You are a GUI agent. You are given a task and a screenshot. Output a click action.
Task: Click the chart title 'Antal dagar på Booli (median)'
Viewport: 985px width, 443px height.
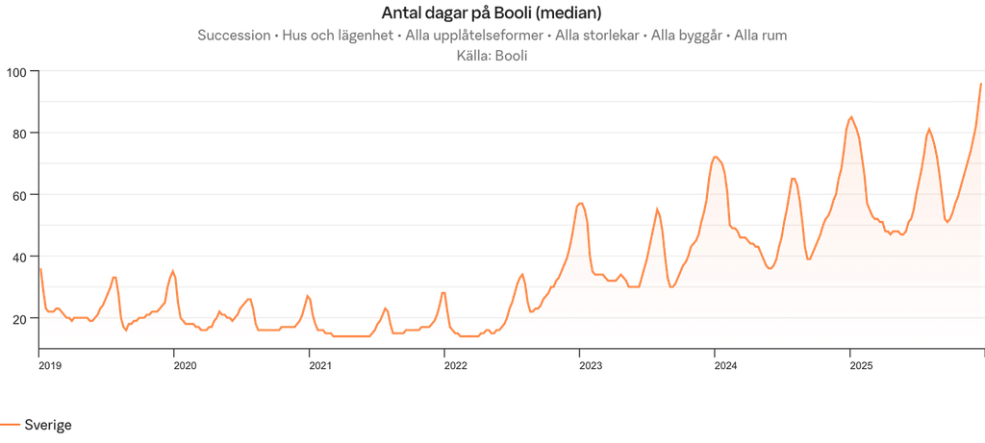click(x=492, y=12)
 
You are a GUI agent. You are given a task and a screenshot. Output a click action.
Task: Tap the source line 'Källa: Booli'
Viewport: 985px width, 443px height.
click(x=492, y=55)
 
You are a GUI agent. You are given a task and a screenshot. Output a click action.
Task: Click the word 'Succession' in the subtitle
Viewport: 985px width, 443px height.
click(x=233, y=35)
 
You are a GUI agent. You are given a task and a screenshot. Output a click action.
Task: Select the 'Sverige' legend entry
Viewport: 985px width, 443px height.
click(x=47, y=424)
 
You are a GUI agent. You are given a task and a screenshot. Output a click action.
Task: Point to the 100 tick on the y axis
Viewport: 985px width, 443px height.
click(x=17, y=71)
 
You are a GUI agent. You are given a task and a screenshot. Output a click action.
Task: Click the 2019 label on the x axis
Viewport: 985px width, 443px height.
click(x=49, y=365)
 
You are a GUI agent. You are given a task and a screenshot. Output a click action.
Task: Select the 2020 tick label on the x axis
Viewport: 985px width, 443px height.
click(x=185, y=365)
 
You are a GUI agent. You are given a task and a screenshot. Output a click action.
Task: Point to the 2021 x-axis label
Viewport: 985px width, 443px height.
click(x=319, y=365)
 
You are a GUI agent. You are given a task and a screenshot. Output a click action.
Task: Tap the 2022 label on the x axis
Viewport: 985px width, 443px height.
click(x=454, y=365)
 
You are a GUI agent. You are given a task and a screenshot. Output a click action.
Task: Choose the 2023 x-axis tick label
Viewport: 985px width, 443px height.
click(x=590, y=365)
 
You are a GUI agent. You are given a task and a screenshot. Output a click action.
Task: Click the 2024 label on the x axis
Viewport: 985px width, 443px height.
click(x=725, y=365)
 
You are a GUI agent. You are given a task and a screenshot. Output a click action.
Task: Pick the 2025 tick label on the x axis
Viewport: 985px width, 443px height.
click(x=860, y=365)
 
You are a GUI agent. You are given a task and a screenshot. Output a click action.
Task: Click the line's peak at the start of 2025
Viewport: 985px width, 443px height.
click(x=850, y=115)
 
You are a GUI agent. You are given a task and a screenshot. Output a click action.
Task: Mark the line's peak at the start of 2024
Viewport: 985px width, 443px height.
click(x=716, y=156)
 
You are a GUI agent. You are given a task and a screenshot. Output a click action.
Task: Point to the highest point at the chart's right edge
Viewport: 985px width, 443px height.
click(x=980, y=83)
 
